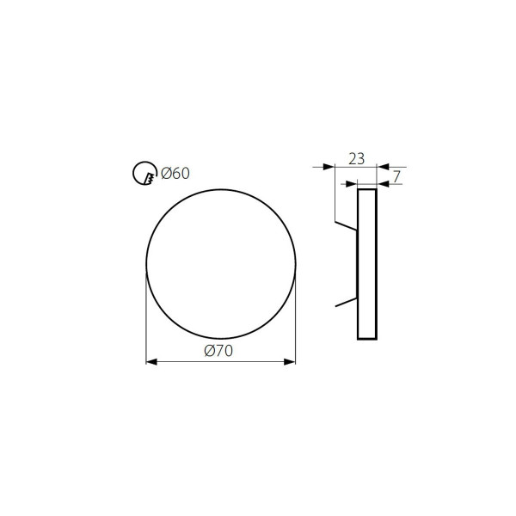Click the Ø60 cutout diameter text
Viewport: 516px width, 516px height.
[175, 174]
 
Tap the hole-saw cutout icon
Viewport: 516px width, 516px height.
[145, 173]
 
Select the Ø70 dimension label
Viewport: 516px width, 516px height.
[218, 351]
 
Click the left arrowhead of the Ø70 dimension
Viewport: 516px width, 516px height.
[151, 362]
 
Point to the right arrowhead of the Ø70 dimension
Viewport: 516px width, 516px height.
[290, 362]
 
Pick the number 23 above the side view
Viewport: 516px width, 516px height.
[356, 159]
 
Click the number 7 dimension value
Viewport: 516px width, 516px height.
[396, 177]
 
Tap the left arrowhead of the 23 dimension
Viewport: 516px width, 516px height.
[329, 167]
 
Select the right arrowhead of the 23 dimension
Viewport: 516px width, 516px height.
[383, 167]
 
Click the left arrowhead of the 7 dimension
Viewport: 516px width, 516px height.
[352, 184]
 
